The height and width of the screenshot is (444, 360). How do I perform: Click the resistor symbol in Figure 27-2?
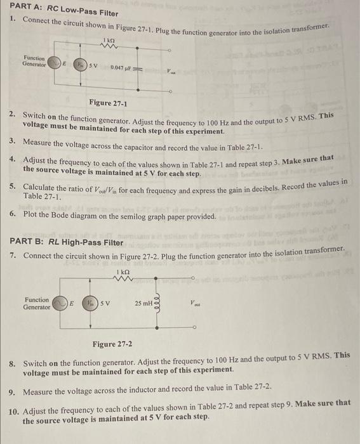pyautogui.click(x=124, y=279)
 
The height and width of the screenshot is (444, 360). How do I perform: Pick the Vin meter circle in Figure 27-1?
pyautogui.click(x=80, y=66)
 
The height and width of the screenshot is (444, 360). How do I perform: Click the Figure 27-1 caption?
pyautogui.click(x=108, y=103)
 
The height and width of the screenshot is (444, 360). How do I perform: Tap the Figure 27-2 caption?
pyautogui.click(x=112, y=344)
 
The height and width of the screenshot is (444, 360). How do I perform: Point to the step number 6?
pyautogui.click(x=13, y=214)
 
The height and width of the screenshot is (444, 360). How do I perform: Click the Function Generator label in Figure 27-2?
pyautogui.click(x=36, y=303)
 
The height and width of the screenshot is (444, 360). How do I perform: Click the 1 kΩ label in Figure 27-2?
pyautogui.click(x=124, y=271)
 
